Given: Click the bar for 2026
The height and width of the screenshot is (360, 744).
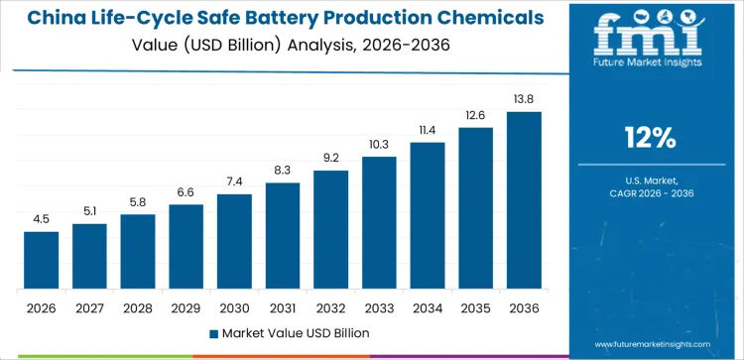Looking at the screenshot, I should tap(42, 261).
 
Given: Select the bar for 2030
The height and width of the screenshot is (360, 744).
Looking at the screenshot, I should tap(234, 242).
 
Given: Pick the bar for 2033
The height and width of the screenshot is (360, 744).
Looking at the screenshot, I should tap(379, 223).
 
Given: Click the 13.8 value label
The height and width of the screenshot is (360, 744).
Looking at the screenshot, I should tap(524, 100).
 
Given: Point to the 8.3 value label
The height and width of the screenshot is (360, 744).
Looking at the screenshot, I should tap(283, 171).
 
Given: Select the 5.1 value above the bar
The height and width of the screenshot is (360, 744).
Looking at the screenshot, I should tap(89, 211).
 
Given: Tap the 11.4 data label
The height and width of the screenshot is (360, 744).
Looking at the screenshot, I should tap(428, 130).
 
